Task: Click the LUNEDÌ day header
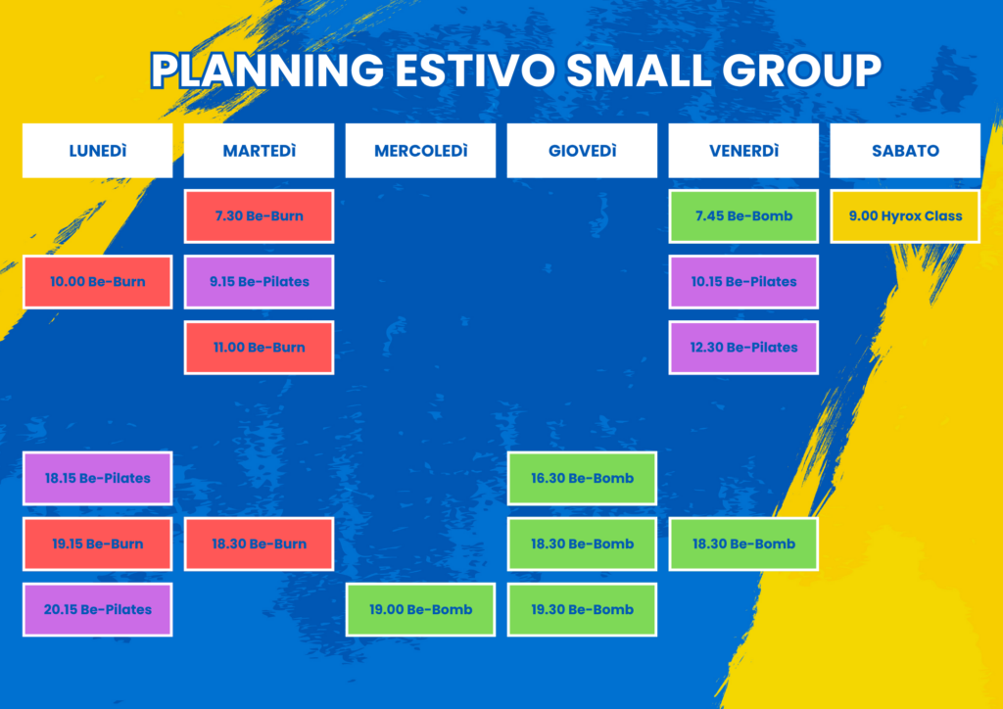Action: [97, 150]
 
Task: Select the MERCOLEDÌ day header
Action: [420, 150]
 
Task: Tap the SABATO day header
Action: [905, 150]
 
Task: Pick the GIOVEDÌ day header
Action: [582, 150]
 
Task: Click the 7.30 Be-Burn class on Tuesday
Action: [259, 216]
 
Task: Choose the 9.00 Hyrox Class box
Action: [905, 216]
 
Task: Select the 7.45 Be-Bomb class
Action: [743, 216]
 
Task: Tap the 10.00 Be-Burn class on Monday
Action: [97, 282]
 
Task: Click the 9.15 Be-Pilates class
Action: [259, 282]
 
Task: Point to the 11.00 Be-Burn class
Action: [259, 348]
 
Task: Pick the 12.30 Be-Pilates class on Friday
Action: [743, 348]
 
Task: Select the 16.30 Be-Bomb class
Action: [582, 478]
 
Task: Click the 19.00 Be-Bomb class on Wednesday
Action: [420, 610]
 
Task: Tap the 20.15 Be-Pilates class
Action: [97, 610]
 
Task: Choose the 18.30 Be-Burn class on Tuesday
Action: [259, 544]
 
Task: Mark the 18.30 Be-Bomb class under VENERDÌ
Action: [743, 544]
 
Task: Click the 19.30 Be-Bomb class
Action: [582, 610]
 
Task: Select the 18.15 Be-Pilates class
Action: [97, 478]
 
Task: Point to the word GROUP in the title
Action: [802, 70]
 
